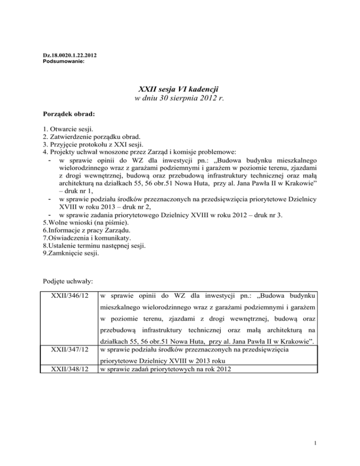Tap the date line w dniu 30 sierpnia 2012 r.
click(180, 99)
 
